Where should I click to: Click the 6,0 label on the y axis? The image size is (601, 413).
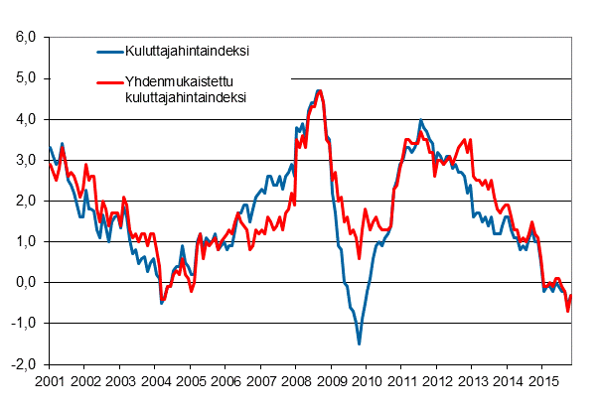[x=24, y=38]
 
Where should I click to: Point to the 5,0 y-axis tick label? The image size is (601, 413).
[x=24, y=78]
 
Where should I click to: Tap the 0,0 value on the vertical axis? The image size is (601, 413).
[x=24, y=282]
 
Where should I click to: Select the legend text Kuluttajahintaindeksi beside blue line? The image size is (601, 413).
[x=187, y=52]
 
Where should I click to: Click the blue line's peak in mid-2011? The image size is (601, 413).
[x=420, y=120]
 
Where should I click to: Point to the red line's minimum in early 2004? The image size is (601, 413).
[x=162, y=299]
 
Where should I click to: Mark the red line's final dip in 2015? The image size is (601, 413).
[x=568, y=312]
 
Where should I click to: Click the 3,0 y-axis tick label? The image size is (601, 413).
[x=24, y=160]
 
